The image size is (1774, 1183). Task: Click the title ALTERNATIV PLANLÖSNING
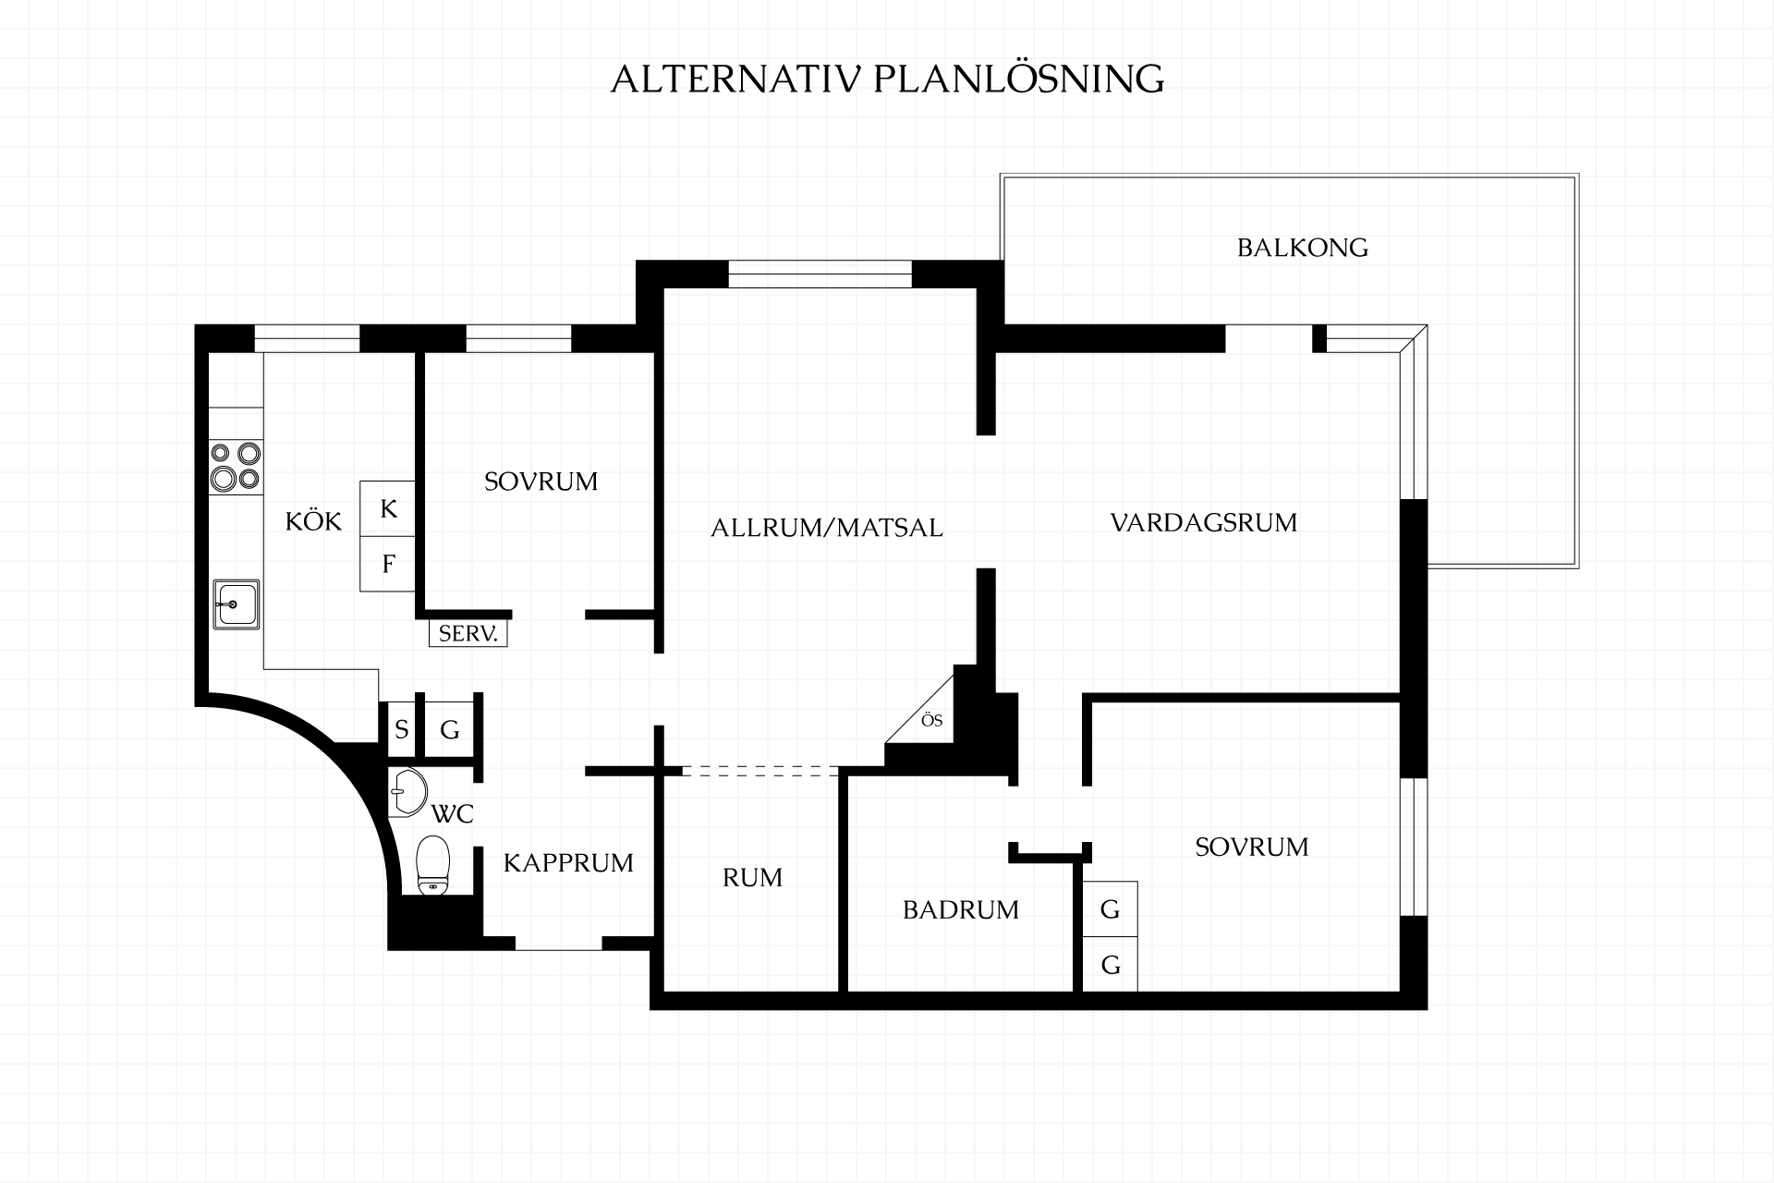pos(887,79)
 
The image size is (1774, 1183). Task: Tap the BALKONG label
pos(1303,248)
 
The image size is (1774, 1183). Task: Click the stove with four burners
pos(236,465)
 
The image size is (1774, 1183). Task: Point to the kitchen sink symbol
pos(237,604)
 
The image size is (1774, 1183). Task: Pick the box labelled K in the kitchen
pos(388,508)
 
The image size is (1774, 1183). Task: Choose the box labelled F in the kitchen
pos(388,564)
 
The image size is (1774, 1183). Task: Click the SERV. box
pos(468,633)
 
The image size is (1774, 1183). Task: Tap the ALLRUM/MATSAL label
pos(827,528)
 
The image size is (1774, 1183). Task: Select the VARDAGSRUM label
pos(1204,523)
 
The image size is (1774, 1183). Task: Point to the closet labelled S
pos(401,730)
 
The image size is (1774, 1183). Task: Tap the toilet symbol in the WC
pos(432,865)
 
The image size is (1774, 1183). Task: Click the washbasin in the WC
pos(407,792)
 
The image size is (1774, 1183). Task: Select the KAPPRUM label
pos(568,863)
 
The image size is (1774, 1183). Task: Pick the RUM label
pos(752,877)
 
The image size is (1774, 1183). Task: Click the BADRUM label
pos(961,910)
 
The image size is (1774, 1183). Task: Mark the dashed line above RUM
pos(760,771)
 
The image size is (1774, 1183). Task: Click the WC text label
pos(453,814)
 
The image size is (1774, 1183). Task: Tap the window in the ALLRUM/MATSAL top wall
pos(820,274)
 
